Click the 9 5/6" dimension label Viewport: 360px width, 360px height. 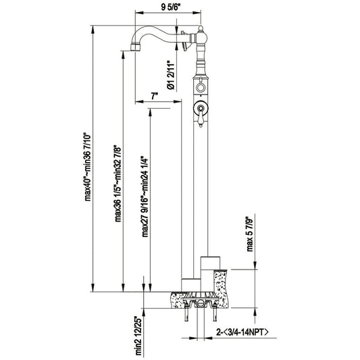pyautogui.click(x=171, y=7)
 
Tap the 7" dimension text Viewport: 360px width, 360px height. pyautogui.click(x=155, y=96)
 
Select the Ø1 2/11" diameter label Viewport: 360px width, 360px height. pyautogui.click(x=171, y=75)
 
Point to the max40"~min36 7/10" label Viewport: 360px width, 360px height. pyautogui.click(x=88, y=167)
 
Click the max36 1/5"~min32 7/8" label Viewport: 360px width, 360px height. pyautogui.click(x=118, y=183)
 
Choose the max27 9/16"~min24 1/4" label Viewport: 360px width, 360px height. pyautogui.click(x=145, y=197)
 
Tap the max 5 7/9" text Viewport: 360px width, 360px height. pyautogui.click(x=250, y=234)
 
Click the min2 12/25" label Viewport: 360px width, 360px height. pyautogui.click(x=138, y=336)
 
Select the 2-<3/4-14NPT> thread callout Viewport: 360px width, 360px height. pyautogui.click(x=242, y=332)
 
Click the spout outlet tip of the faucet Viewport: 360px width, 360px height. pyautogui.click(x=135, y=47)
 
